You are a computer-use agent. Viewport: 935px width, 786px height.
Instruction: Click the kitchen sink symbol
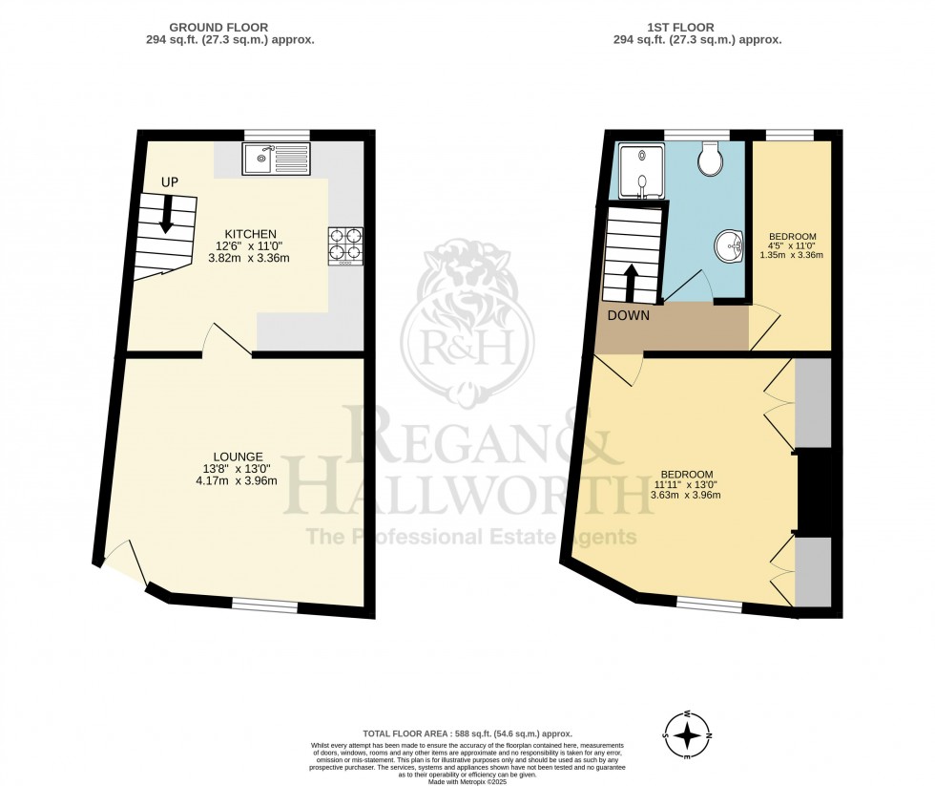pos(276,159)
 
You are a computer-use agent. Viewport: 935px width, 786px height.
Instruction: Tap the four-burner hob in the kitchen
pos(345,244)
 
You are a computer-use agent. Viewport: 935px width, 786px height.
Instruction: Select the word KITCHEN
pos(250,234)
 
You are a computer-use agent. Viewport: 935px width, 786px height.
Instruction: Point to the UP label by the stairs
pos(167,181)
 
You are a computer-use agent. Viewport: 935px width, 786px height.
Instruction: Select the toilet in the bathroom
pos(711,159)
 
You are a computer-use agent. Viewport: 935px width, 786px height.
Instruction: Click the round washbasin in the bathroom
pos(730,246)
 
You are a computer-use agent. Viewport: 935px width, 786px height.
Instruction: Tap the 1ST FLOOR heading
pos(696,28)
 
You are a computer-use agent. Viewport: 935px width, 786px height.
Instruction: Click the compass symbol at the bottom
pos(688,734)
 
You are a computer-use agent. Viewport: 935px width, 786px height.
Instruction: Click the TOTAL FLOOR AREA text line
pos(467,732)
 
